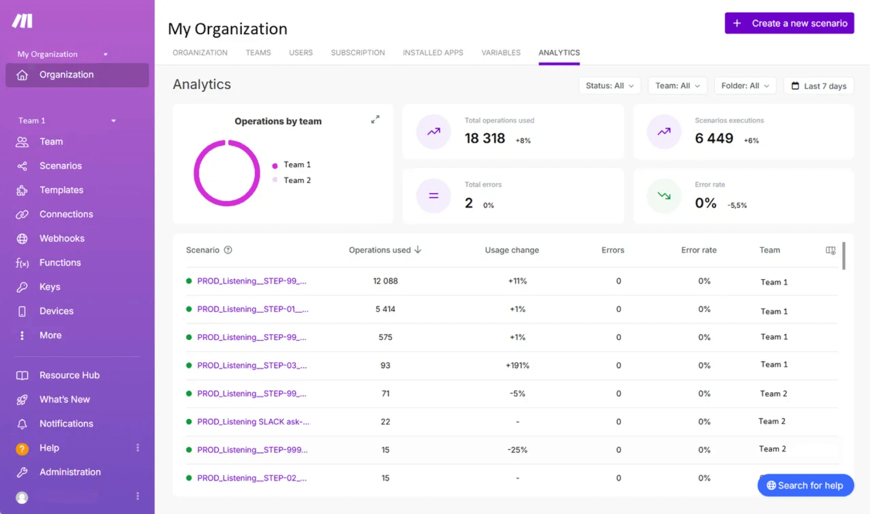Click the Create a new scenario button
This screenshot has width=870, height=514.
pyautogui.click(x=789, y=23)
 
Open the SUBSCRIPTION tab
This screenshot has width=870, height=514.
pyautogui.click(x=358, y=53)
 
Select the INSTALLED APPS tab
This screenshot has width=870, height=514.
pyautogui.click(x=433, y=53)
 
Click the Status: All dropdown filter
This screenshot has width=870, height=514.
pyautogui.click(x=609, y=86)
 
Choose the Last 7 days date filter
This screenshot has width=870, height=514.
pyautogui.click(x=818, y=86)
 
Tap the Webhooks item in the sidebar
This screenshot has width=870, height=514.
pyautogui.click(x=61, y=239)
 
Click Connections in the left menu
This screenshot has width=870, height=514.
pyautogui.click(x=66, y=214)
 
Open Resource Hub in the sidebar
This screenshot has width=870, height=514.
pyautogui.click(x=69, y=375)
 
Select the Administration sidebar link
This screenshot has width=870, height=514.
pyautogui.click(x=70, y=472)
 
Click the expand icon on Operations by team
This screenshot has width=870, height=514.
pyautogui.click(x=375, y=119)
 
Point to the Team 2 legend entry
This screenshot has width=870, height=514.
pyautogui.click(x=297, y=180)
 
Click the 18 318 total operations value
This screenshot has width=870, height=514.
pyautogui.click(x=484, y=138)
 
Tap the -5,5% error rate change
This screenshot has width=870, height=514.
pyautogui.click(x=737, y=205)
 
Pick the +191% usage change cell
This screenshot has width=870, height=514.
pyautogui.click(x=517, y=366)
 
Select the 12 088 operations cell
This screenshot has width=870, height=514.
pyautogui.click(x=385, y=281)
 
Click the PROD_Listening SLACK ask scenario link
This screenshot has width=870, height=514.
pyautogui.click(x=253, y=422)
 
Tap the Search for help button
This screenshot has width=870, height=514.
pyautogui.click(x=805, y=486)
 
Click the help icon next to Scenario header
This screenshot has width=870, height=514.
pyautogui.click(x=228, y=250)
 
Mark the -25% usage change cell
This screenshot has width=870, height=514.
pyautogui.click(x=517, y=450)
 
